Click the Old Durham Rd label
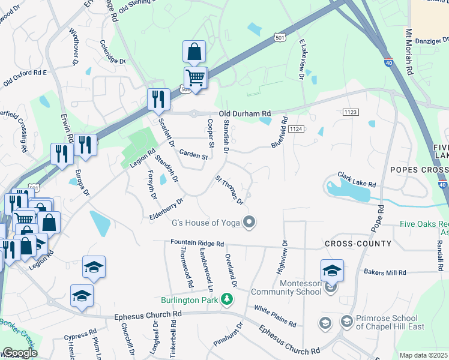pyautogui.click(x=245, y=113)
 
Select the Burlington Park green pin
pyautogui.click(x=226, y=299)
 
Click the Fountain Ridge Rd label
pyautogui.click(x=197, y=244)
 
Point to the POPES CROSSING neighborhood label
pyautogui.click(x=418, y=170)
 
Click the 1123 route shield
pyautogui.click(x=351, y=112)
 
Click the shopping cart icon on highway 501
pyautogui.click(x=195, y=77)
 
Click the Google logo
pyautogui.click(x=19, y=353)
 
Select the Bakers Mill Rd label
pyautogui.click(x=388, y=272)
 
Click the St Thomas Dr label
pyautogui.click(x=229, y=190)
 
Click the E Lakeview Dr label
pyautogui.click(x=301, y=59)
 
